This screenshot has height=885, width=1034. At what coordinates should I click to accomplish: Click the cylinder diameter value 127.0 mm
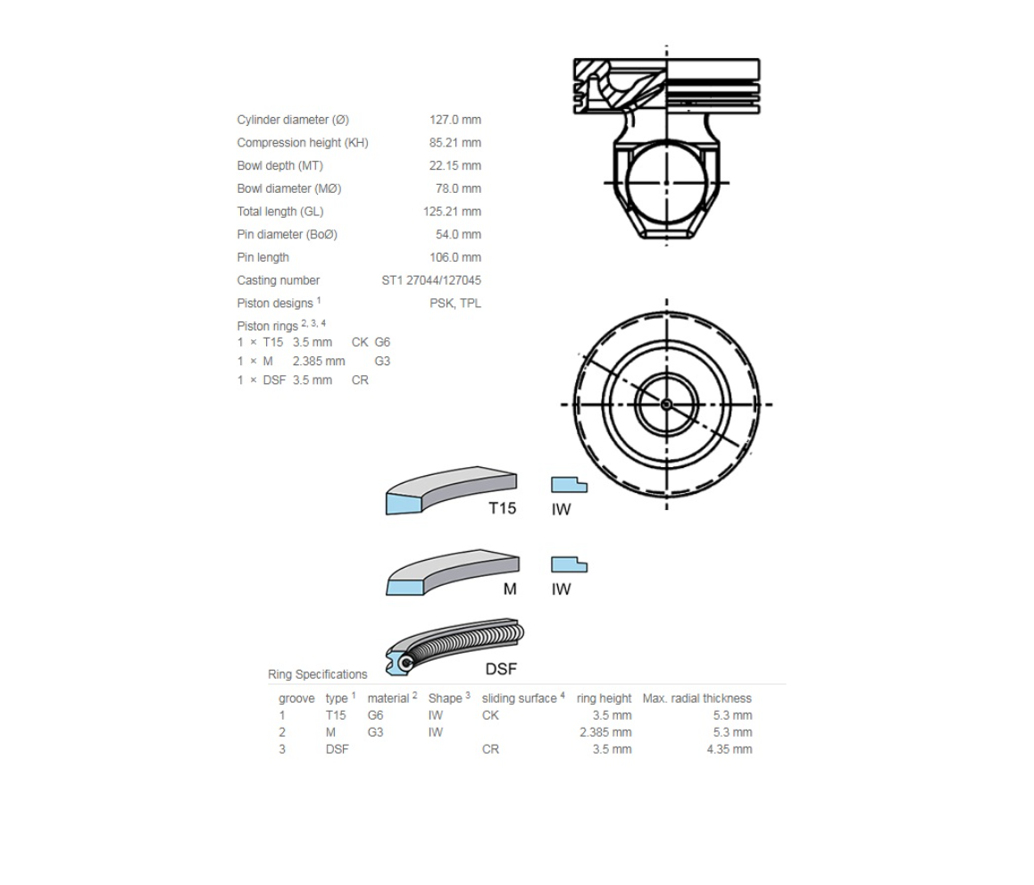pos(455,120)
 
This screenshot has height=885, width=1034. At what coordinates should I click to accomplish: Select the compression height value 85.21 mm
pos(455,143)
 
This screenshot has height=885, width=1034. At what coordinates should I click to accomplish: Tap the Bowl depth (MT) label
pos(280,165)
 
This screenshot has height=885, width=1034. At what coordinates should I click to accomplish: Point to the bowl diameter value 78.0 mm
pos(458,188)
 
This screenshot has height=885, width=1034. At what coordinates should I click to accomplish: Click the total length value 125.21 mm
pos(453,212)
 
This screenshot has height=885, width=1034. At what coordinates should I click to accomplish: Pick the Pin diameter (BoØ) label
pos(288,235)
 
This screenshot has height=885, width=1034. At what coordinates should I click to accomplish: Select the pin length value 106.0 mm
pos(455,258)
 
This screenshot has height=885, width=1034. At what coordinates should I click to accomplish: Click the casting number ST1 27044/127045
pos(431,281)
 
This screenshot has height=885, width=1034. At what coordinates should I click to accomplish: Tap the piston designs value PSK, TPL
pos(455,304)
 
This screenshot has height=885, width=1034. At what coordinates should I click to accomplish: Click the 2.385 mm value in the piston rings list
pos(319,362)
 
